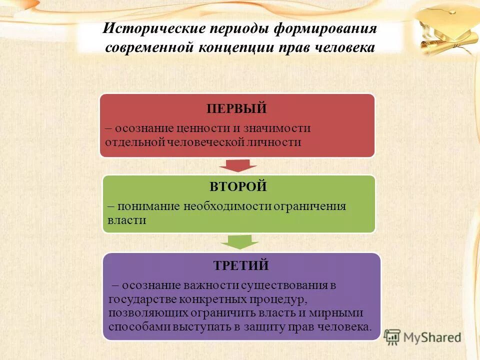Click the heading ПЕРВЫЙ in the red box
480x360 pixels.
[x=237, y=108]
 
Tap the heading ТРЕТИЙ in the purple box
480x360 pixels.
[x=241, y=265]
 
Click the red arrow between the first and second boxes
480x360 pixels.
[x=237, y=165]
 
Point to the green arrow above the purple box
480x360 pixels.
[x=240, y=242]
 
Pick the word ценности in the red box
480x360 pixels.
[x=198, y=128]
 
